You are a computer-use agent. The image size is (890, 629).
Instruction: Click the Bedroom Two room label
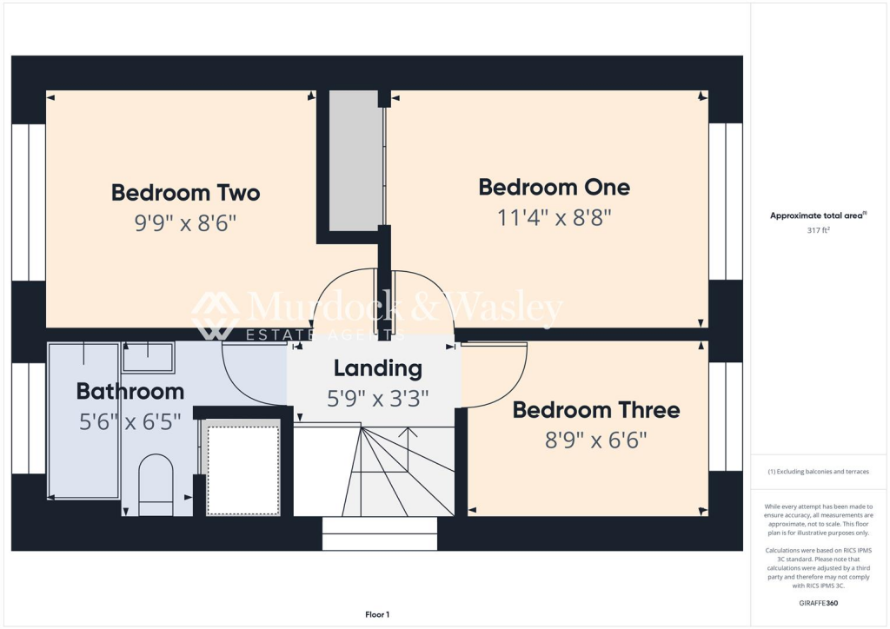[x=185, y=193]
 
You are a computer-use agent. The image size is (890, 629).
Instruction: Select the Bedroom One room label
[x=555, y=187]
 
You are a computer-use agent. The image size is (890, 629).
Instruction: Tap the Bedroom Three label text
[x=596, y=410]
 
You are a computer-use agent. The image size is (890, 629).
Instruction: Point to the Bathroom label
[x=130, y=391]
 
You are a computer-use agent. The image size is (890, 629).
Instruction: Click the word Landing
[x=378, y=368]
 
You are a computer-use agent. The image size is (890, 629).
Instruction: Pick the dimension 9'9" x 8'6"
[x=185, y=223]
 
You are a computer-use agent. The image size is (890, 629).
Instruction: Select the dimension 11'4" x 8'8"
[x=555, y=217]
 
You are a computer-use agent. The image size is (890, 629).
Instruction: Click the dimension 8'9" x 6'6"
[x=596, y=440]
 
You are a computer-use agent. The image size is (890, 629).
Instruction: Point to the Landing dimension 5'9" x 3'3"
[x=378, y=398]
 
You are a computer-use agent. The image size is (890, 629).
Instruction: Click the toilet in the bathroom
[x=156, y=484]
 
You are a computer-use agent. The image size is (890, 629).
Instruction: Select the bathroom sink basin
[x=148, y=356]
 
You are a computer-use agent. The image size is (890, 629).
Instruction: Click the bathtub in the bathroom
[x=83, y=420]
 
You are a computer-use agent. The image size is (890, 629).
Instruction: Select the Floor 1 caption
[x=377, y=615]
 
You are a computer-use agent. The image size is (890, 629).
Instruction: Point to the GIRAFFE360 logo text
[x=819, y=602]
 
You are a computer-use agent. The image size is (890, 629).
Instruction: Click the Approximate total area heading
[x=818, y=215]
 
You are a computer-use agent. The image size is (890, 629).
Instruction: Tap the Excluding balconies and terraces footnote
[x=819, y=472]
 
